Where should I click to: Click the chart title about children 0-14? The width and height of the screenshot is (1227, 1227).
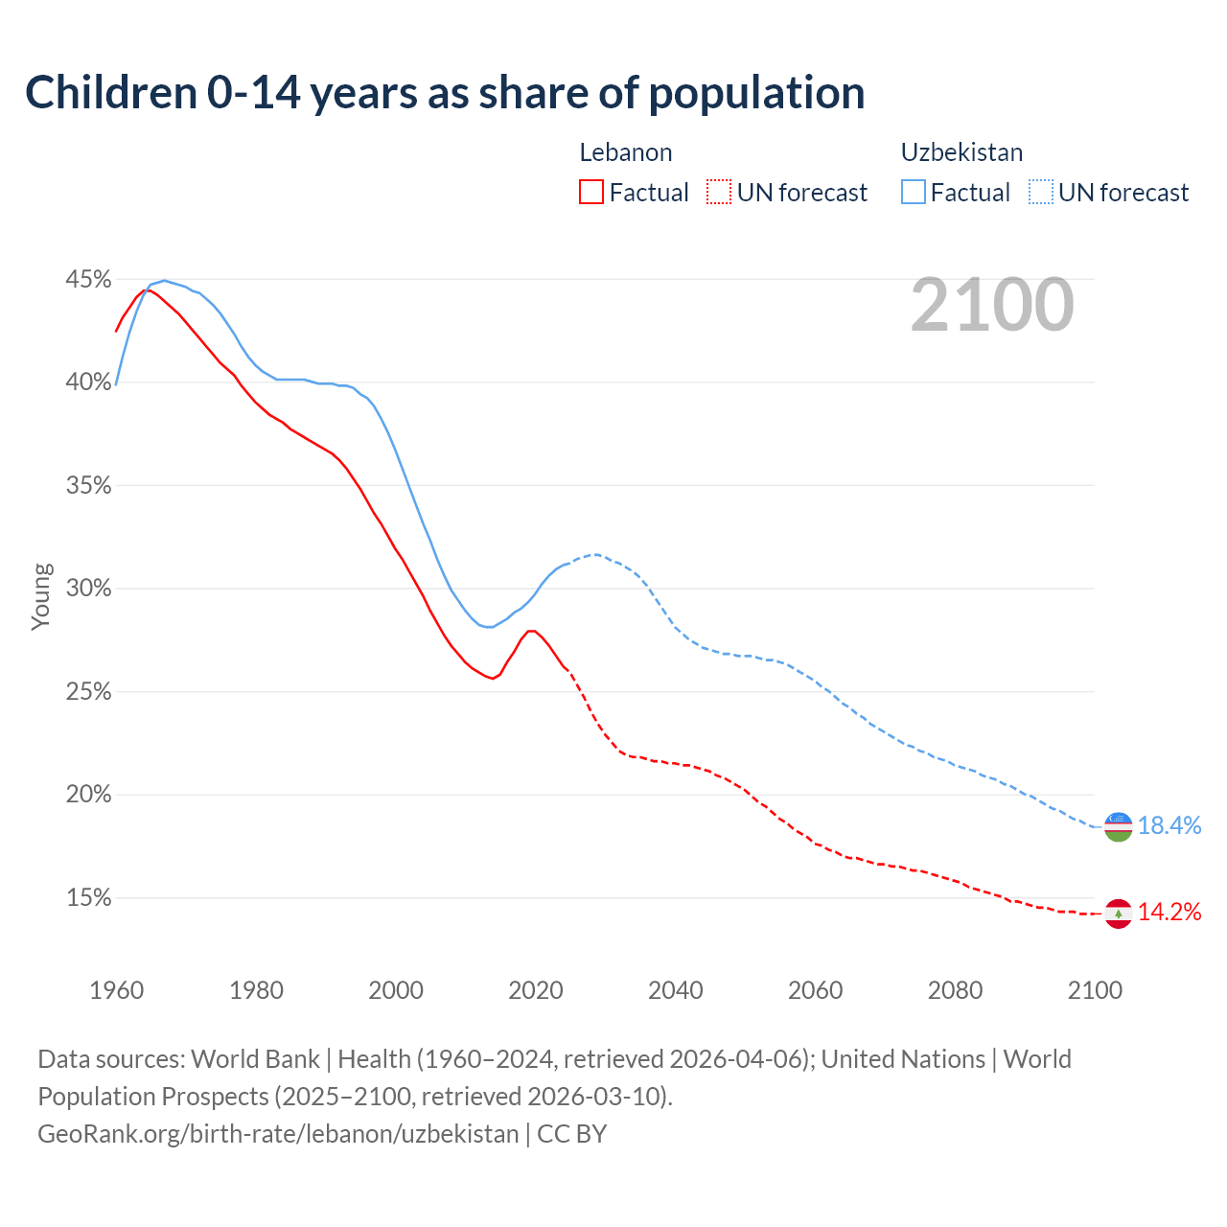pyautogui.click(x=445, y=93)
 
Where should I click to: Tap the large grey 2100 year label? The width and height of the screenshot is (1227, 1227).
pyautogui.click(x=992, y=305)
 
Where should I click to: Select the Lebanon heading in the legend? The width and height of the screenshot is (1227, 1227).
pyautogui.click(x=625, y=152)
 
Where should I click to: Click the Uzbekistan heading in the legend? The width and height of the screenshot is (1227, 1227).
pyautogui.click(x=961, y=152)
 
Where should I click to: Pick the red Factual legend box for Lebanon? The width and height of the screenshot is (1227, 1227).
pyautogui.click(x=591, y=193)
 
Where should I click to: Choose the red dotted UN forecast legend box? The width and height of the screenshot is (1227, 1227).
pyautogui.click(x=719, y=193)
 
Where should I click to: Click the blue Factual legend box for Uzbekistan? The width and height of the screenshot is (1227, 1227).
pyautogui.click(x=914, y=193)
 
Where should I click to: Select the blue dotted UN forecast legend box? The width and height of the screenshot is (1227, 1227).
pyautogui.click(x=1040, y=193)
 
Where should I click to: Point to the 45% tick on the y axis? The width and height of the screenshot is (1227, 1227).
pyautogui.click(x=88, y=280)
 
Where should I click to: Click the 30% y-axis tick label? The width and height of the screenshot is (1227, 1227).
pyautogui.click(x=88, y=589)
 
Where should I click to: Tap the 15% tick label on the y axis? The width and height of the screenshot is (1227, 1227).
pyautogui.click(x=88, y=898)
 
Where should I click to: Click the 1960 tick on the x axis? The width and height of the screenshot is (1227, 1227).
pyautogui.click(x=116, y=990)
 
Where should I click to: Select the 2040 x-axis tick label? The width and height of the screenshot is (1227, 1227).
pyautogui.click(x=675, y=990)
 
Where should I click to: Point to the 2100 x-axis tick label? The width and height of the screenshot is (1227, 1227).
pyautogui.click(x=1095, y=990)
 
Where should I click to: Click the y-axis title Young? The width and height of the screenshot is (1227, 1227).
pyautogui.click(x=40, y=596)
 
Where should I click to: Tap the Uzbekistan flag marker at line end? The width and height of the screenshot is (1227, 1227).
pyautogui.click(x=1119, y=826)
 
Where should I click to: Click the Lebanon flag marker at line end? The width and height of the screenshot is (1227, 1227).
pyautogui.click(x=1119, y=914)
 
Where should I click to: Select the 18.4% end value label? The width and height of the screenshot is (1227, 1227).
pyautogui.click(x=1169, y=826)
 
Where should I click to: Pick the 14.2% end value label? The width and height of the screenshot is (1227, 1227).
pyautogui.click(x=1169, y=913)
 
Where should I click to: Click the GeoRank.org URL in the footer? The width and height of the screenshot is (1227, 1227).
pyautogui.click(x=278, y=1134)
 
